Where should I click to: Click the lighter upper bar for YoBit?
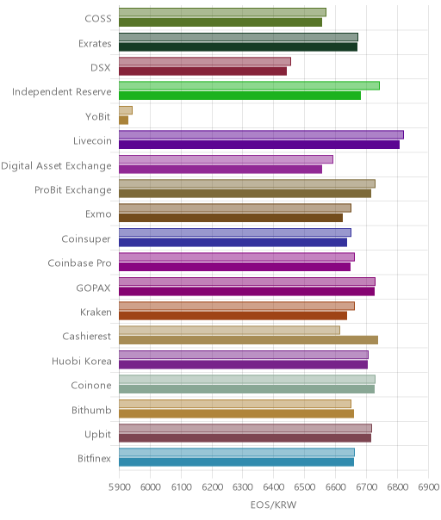pos(126,110)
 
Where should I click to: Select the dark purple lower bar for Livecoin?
pos(259,145)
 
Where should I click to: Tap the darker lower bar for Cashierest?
pos(249,340)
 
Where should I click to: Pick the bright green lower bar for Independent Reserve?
pos(240,96)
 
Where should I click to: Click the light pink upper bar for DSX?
pos(205,61)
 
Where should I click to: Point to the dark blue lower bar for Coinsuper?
pos(233,243)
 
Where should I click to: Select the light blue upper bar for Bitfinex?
pos(237,452)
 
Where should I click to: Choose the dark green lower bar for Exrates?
pos(239,46)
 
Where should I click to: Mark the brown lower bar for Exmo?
pos(231,218)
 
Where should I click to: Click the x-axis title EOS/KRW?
pos(273,505)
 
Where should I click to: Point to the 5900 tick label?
pos(119,486)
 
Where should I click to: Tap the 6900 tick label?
pos(428,486)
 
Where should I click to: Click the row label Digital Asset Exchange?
pos(56,166)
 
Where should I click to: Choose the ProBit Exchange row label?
pos(73,190)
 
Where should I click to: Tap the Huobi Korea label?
pos(82,361)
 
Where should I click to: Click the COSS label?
pos(98,19)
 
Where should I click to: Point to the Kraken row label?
pos(96,312)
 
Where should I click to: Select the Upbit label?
pos(97,435)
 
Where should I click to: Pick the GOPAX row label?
pos(94,288)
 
